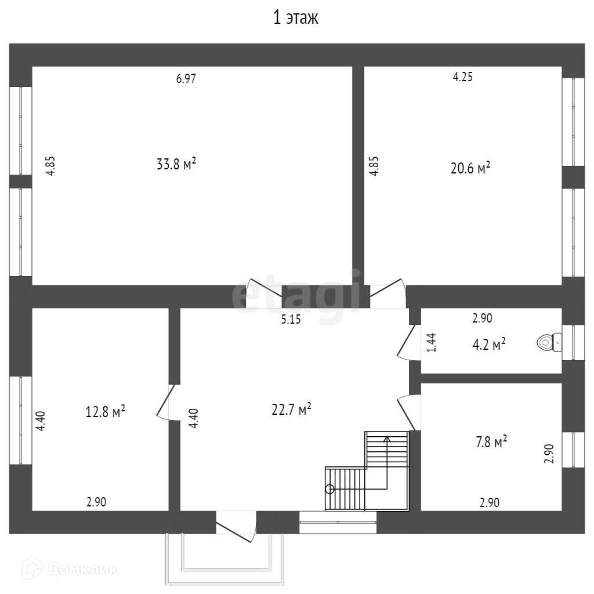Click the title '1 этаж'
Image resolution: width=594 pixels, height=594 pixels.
(x=296, y=18)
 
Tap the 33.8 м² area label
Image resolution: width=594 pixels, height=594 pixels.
(x=176, y=164)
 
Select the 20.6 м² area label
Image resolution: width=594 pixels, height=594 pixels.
(x=470, y=168)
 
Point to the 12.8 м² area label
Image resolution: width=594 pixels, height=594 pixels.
(x=106, y=412)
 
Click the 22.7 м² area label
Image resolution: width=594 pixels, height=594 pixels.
(x=291, y=410)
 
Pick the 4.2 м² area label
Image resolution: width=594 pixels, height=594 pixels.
(x=489, y=345)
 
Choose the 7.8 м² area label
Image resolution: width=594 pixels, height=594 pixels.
(x=491, y=443)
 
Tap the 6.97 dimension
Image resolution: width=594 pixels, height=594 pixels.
(x=186, y=79)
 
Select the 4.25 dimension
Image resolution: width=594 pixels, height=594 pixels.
(x=462, y=77)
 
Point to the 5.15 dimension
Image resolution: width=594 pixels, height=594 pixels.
(x=291, y=318)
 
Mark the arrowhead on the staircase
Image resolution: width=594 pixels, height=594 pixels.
(x=387, y=439)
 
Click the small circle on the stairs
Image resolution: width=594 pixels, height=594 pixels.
(x=330, y=488)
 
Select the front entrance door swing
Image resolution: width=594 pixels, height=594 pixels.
(x=236, y=527)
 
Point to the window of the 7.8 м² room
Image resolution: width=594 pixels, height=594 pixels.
(x=574, y=450)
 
